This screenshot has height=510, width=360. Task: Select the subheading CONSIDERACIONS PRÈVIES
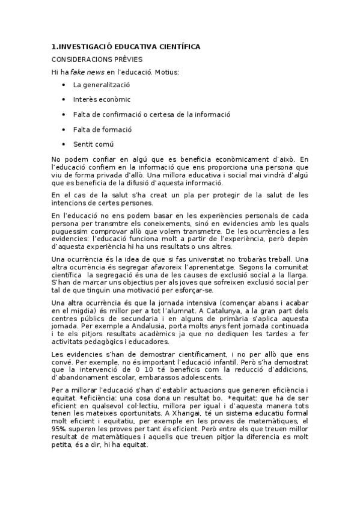[x=97, y=60]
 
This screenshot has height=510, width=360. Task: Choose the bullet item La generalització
[x=102, y=85]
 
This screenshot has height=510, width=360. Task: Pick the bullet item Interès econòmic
[x=102, y=99]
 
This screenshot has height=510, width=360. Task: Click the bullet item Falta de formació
[x=102, y=129]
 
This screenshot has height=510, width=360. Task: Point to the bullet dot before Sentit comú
[x=64, y=144]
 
